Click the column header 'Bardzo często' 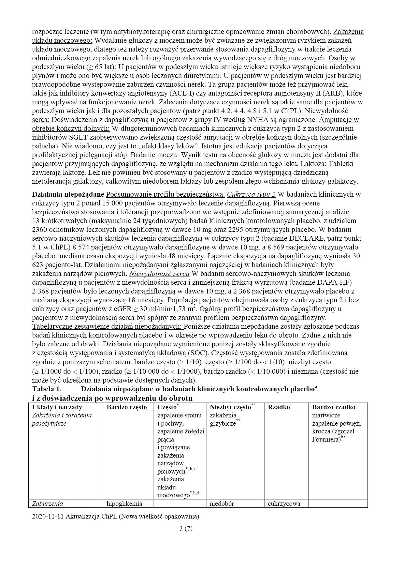(127, 407)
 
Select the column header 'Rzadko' (279, 407)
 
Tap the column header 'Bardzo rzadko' (334, 407)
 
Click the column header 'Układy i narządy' (57, 407)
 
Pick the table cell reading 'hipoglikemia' (124, 504)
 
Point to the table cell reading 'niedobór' (222, 504)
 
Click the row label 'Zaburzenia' (48, 504)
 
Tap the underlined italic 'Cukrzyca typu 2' (251, 195)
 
